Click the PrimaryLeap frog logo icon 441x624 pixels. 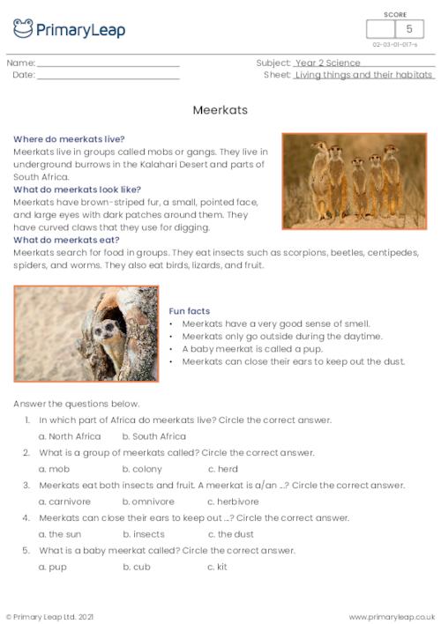coord(23,28)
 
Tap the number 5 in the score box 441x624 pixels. coord(408,30)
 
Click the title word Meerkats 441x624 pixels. coord(220,111)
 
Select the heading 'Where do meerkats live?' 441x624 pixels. coord(69,139)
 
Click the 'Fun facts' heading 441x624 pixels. coord(189,311)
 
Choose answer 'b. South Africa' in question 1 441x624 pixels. coord(153,436)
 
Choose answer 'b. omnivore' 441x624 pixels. coord(148,501)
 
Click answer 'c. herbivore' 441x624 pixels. coord(235,501)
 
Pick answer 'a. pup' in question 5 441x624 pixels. coord(53,567)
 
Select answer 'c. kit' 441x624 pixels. coord(217,567)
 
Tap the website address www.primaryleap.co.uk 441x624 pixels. coord(392,617)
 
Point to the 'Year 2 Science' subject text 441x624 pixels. coord(328,63)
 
